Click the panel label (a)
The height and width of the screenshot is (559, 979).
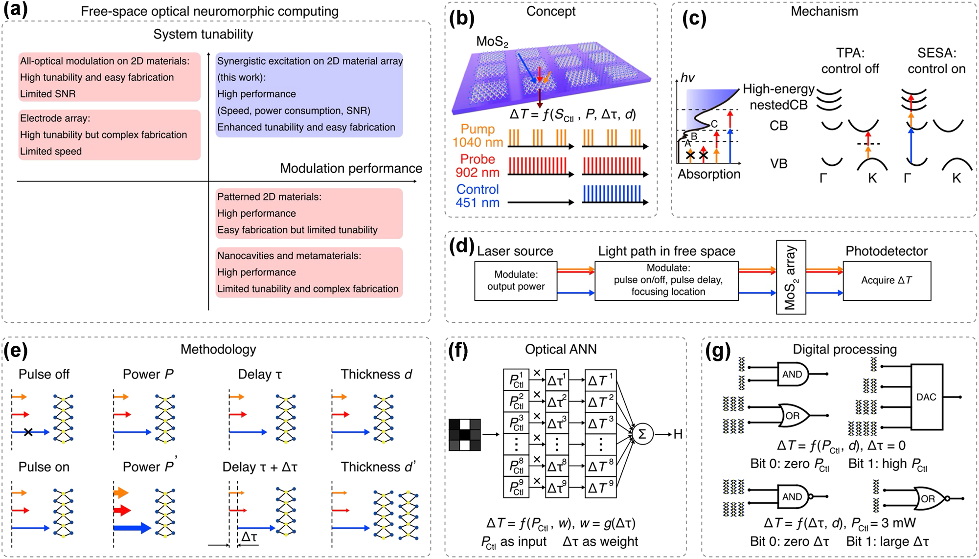15,11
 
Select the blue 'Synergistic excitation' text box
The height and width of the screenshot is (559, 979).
309,94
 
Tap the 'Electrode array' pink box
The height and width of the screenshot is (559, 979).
110,135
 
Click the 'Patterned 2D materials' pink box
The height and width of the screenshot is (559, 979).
309,214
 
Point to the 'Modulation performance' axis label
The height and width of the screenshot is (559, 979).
351,169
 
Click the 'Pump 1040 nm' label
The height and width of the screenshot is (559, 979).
478,136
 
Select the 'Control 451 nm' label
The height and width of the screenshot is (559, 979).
478,196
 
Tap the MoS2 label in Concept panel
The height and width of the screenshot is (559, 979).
492,42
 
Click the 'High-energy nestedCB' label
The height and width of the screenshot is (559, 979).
778,97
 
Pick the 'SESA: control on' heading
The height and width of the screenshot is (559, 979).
936,61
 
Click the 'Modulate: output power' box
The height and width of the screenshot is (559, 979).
516,281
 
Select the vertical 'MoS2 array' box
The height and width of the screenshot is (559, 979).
791,277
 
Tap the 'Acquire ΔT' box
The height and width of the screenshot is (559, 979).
887,281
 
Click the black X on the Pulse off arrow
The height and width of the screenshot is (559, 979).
28,432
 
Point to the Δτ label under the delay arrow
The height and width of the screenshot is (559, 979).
249,537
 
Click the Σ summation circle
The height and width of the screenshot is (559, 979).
642,434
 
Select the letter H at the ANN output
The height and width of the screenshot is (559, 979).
678,434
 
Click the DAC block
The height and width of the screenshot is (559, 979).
926,397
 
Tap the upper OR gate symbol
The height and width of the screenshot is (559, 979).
794,416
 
